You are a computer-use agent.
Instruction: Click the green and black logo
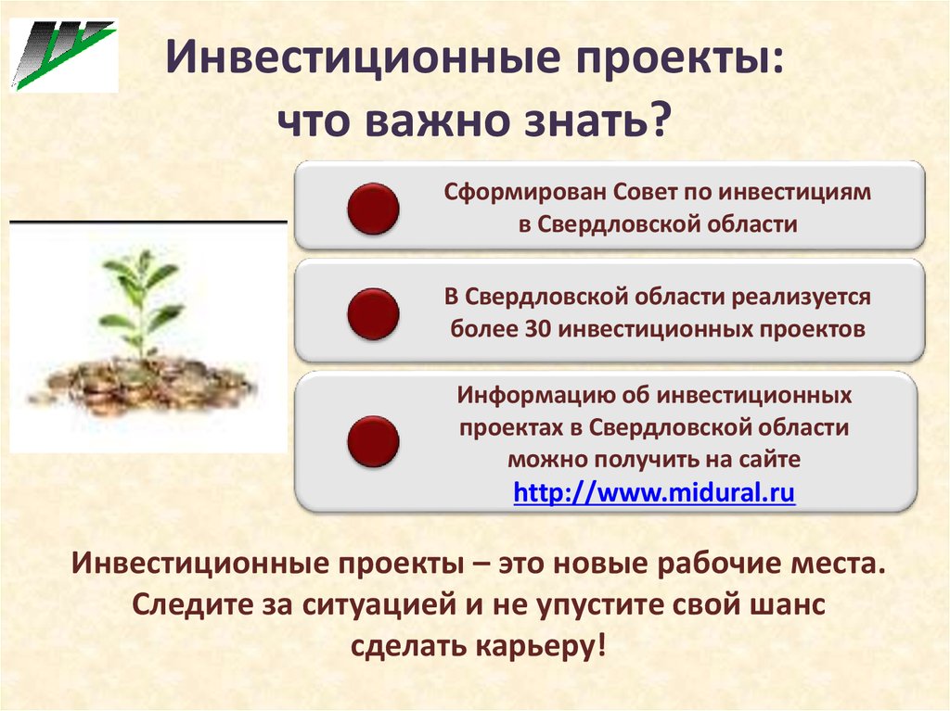tap(64, 55)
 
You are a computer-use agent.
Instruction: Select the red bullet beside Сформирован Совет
tap(373, 209)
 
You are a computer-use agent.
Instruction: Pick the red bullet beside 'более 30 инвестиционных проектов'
tap(373, 313)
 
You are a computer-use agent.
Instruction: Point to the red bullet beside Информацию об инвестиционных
tap(373, 441)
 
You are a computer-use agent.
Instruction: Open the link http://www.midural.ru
tap(654, 491)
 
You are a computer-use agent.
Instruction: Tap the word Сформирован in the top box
tap(525, 192)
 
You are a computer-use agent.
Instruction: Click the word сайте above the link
tap(769, 459)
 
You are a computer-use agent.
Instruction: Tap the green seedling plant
tap(141, 303)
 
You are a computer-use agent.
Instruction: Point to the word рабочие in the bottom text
tap(720, 564)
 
